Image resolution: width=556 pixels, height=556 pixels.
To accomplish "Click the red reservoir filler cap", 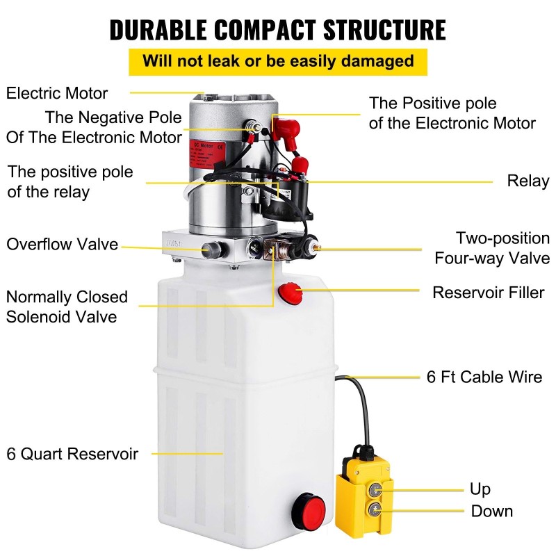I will pos(288,293).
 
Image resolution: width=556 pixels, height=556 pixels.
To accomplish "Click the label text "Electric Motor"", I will pos(57,93).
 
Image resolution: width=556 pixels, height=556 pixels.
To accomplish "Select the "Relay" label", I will pos(528,181).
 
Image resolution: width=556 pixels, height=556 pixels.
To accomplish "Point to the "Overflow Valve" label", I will pos(63,245).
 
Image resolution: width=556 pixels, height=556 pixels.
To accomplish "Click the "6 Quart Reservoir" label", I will pos(72,455).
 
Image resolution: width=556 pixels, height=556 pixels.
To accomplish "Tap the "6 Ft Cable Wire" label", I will pos(484,377).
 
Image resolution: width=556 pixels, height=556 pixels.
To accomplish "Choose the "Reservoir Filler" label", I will pos(489,292).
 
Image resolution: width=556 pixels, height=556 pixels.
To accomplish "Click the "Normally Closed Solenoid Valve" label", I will pos(67,306).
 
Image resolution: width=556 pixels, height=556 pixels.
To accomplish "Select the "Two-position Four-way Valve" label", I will pos(492,248).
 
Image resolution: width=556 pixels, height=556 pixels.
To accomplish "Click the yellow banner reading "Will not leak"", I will pos(278,60).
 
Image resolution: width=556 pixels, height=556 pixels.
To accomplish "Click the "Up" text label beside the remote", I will pos(480,489).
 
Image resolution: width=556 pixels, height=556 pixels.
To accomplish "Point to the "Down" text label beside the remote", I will pos(492,512).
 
